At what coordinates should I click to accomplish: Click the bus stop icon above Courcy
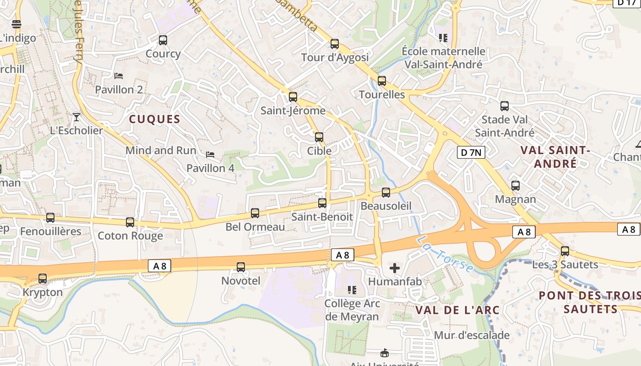click(x=163, y=40)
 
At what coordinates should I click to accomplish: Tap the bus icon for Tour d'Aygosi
click(x=335, y=44)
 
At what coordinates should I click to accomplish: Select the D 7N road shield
click(x=471, y=152)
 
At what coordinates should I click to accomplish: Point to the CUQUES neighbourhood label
click(x=154, y=119)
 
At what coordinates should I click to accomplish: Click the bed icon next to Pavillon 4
click(x=210, y=155)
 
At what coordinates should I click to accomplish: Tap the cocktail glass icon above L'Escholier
click(x=76, y=117)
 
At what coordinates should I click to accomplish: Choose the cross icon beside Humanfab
click(x=394, y=268)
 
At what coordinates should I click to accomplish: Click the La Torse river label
click(x=444, y=255)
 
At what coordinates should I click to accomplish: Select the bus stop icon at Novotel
click(x=241, y=267)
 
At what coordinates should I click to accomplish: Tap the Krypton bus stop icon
click(x=43, y=278)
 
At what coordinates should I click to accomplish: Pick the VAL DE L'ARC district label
click(x=457, y=310)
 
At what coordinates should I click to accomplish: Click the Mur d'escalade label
click(x=472, y=335)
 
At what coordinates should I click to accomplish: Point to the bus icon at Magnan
click(x=516, y=186)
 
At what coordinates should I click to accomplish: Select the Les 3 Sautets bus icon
click(x=565, y=251)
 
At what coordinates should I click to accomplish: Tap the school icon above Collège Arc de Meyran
click(x=352, y=290)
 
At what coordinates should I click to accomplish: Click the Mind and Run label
click(x=161, y=151)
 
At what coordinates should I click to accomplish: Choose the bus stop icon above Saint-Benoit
click(x=322, y=203)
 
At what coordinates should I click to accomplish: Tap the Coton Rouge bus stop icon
click(x=130, y=222)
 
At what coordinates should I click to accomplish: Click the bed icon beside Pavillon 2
click(x=119, y=75)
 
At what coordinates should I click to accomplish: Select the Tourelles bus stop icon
click(x=382, y=81)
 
